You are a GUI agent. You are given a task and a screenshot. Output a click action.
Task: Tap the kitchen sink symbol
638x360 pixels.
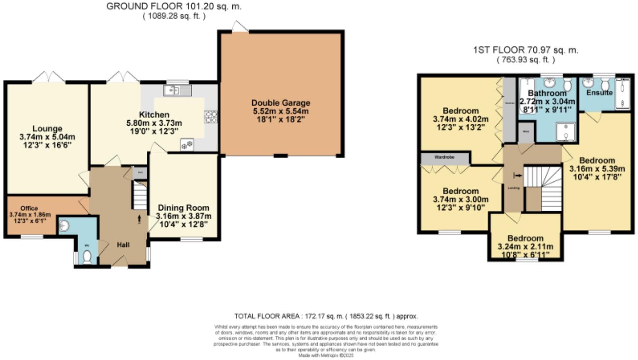click(x=177, y=90)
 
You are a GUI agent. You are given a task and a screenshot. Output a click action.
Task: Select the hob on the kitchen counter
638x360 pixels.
click(x=211, y=117)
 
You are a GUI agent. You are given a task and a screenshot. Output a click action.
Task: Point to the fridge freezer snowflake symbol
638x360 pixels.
click(x=187, y=145)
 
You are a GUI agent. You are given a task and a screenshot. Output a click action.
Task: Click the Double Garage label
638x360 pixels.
click(x=281, y=103)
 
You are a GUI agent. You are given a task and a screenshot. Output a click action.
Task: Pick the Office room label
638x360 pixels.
click(x=29, y=208)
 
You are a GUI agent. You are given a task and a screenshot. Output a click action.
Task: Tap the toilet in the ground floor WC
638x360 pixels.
click(x=87, y=256)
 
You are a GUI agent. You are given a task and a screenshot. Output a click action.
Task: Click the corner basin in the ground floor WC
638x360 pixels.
click(x=64, y=225)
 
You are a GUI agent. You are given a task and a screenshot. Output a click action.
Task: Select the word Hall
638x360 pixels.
click(x=123, y=245)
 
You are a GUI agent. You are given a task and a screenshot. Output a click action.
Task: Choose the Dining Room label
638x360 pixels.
click(x=183, y=208)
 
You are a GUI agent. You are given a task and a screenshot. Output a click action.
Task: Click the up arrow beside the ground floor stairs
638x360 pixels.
click(x=140, y=220)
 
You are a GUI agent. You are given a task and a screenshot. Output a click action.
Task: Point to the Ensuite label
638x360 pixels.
click(x=599, y=93)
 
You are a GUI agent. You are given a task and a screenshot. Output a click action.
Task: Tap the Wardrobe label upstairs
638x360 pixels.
click(x=445, y=157)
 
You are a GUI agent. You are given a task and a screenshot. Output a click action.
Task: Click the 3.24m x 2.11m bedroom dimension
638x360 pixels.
click(x=525, y=247)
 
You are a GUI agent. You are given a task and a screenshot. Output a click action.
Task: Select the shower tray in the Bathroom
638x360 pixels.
click(x=566, y=132)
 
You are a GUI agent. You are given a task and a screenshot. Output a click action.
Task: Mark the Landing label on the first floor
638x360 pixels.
click(x=513, y=188)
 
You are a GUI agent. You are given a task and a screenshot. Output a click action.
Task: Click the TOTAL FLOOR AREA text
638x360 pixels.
click(x=326, y=316)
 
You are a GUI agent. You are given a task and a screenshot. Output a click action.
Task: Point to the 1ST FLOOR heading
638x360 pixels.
click(x=526, y=50)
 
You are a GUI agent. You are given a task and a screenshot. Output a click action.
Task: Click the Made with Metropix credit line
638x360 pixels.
click(x=326, y=355)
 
